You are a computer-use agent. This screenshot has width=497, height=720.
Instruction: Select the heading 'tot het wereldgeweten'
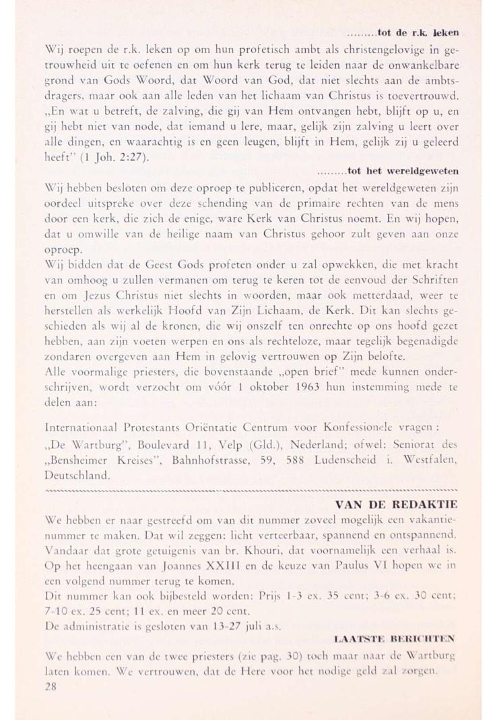[x=401, y=172]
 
